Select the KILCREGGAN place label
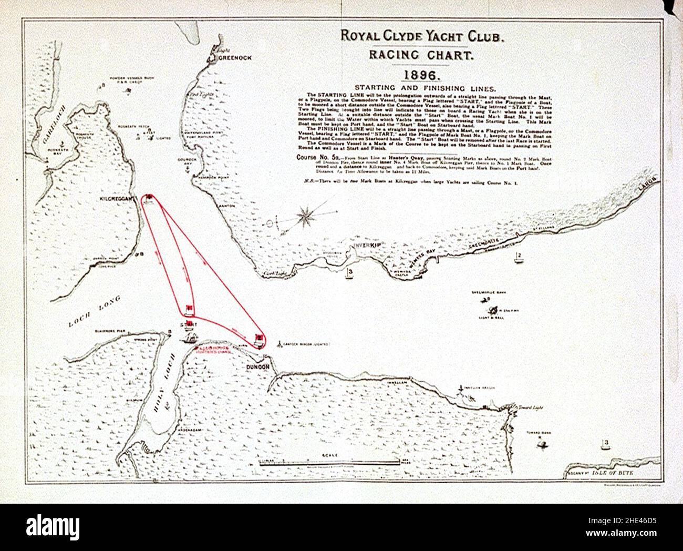(x=119, y=199)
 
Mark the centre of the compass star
(x=304, y=216)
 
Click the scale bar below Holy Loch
(x=329, y=462)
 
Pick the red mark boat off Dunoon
(x=258, y=339)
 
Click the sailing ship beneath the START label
(x=188, y=337)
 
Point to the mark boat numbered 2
(x=518, y=258)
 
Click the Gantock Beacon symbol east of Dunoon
(x=278, y=344)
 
